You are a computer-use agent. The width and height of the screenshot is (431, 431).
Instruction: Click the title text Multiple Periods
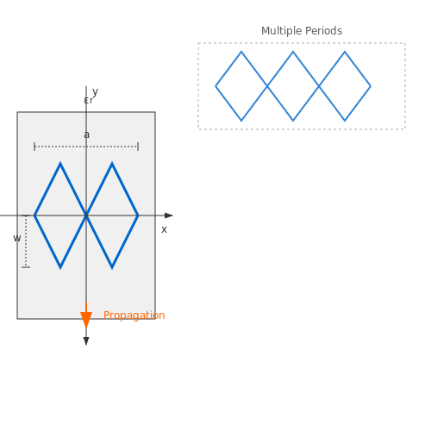click(302, 31)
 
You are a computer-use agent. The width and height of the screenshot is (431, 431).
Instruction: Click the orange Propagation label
click(134, 315)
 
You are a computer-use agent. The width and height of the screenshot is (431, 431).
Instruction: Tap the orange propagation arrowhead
click(86, 320)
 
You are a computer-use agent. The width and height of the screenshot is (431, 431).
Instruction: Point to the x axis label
click(164, 229)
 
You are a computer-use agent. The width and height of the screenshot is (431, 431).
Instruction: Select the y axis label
click(96, 92)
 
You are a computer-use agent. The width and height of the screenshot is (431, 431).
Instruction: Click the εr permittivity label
click(89, 100)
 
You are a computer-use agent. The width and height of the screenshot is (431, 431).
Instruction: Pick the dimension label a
click(86, 134)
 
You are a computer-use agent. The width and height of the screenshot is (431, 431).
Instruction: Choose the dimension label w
click(17, 238)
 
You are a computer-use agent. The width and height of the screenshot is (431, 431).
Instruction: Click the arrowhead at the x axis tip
click(169, 215)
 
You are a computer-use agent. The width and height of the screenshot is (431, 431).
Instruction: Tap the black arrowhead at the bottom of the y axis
click(86, 341)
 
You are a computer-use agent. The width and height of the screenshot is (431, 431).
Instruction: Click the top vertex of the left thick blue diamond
click(60, 163)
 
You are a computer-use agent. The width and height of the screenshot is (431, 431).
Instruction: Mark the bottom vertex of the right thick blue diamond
click(112, 268)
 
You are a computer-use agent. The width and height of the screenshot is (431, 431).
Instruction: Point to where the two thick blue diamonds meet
click(86, 215)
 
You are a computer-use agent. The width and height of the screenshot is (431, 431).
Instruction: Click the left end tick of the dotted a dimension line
click(34, 147)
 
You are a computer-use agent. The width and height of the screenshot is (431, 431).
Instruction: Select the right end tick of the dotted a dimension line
click(138, 147)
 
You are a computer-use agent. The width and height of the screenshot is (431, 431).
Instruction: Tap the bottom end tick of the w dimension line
click(26, 267)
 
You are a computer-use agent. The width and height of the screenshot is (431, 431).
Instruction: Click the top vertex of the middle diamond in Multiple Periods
click(293, 52)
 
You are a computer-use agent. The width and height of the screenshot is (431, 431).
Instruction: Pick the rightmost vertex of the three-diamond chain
click(371, 86)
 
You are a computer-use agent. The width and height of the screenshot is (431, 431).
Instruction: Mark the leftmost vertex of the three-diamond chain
click(215, 86)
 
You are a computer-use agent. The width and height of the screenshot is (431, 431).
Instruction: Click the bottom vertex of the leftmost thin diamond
click(241, 121)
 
